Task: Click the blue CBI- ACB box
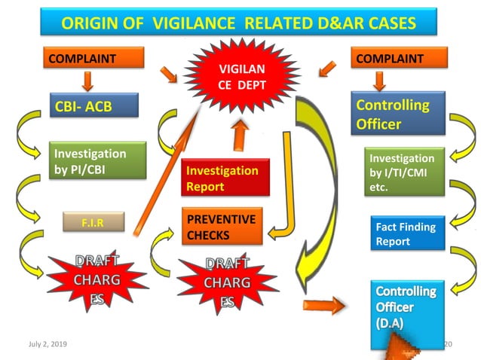click(x=94, y=106)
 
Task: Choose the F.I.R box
click(x=92, y=223)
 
